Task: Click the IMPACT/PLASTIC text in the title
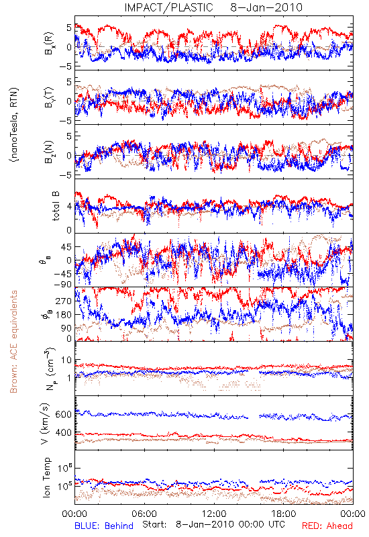pyautogui.click(x=169, y=7)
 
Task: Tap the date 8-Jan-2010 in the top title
pyautogui.click(x=266, y=7)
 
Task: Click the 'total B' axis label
pyautogui.click(x=56, y=206)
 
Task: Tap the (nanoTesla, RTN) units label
pyautogui.click(x=14, y=124)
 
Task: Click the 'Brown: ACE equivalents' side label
pyautogui.click(x=13, y=342)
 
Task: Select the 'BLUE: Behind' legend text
pyautogui.click(x=104, y=526)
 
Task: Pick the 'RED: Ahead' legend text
pyautogui.click(x=327, y=526)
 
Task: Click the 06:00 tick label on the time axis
pyautogui.click(x=144, y=514)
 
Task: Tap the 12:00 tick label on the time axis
pyautogui.click(x=214, y=514)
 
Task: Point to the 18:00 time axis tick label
pyautogui.click(x=284, y=514)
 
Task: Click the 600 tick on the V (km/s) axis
pyautogui.click(x=63, y=414)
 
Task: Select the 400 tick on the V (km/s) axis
pyautogui.click(x=63, y=432)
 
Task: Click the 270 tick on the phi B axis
pyautogui.click(x=64, y=301)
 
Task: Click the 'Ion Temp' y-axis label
pyautogui.click(x=47, y=477)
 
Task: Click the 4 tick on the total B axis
pyautogui.click(x=70, y=206)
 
